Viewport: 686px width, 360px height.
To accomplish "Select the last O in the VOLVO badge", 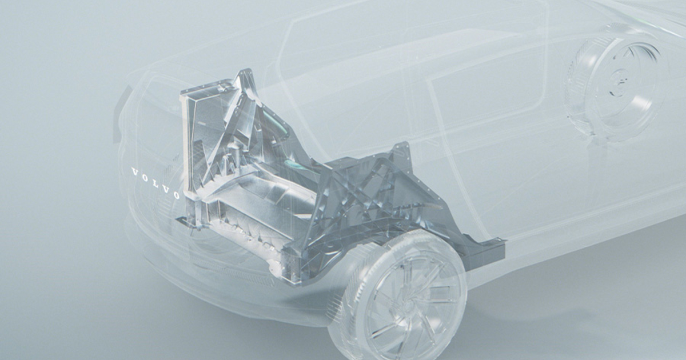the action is click(x=176, y=195).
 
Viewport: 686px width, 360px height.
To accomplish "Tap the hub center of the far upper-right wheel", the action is click(x=620, y=80).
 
